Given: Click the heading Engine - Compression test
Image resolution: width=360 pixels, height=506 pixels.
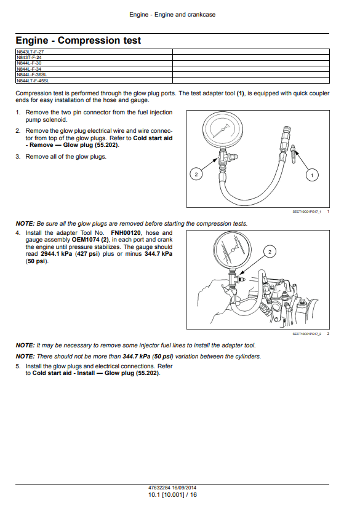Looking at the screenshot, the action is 78,41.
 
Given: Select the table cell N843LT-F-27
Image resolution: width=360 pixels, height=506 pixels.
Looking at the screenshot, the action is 94,52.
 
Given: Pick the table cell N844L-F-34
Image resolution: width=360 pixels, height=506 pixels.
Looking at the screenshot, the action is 94,69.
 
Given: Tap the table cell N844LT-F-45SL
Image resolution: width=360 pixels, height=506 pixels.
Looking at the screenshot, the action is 94,81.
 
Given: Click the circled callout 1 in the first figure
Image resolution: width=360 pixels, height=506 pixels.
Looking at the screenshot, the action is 312,175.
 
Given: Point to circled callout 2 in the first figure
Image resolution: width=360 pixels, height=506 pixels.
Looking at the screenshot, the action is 196,175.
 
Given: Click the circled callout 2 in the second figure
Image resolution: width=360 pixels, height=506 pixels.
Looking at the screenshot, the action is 270,252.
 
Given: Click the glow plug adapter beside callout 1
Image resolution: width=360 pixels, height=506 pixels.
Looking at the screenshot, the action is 293,154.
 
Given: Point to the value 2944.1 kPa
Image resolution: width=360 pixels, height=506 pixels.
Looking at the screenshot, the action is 57,254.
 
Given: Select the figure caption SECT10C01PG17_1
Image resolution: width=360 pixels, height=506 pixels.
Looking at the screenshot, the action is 306,211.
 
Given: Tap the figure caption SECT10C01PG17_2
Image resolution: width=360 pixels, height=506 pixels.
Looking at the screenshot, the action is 306,334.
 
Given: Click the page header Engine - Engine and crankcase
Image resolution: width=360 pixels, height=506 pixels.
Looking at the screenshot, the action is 172,15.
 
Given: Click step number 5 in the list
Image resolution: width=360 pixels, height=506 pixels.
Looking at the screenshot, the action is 18,366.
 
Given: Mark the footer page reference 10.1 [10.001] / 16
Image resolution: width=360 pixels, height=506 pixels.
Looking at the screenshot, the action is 172,495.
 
